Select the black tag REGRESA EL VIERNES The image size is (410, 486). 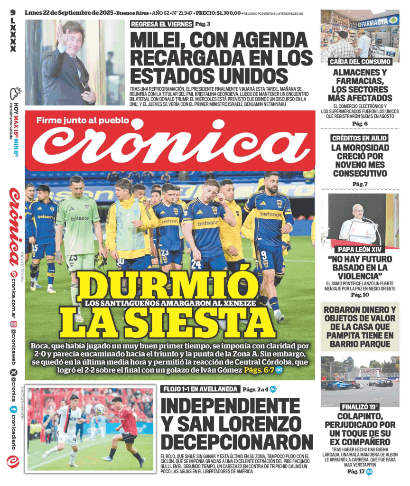161,24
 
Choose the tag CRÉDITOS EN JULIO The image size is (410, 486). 360,138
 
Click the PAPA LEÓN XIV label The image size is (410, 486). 360,249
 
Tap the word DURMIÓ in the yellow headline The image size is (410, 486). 168,287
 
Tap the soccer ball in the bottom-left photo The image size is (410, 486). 99,409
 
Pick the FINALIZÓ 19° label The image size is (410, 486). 360,407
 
